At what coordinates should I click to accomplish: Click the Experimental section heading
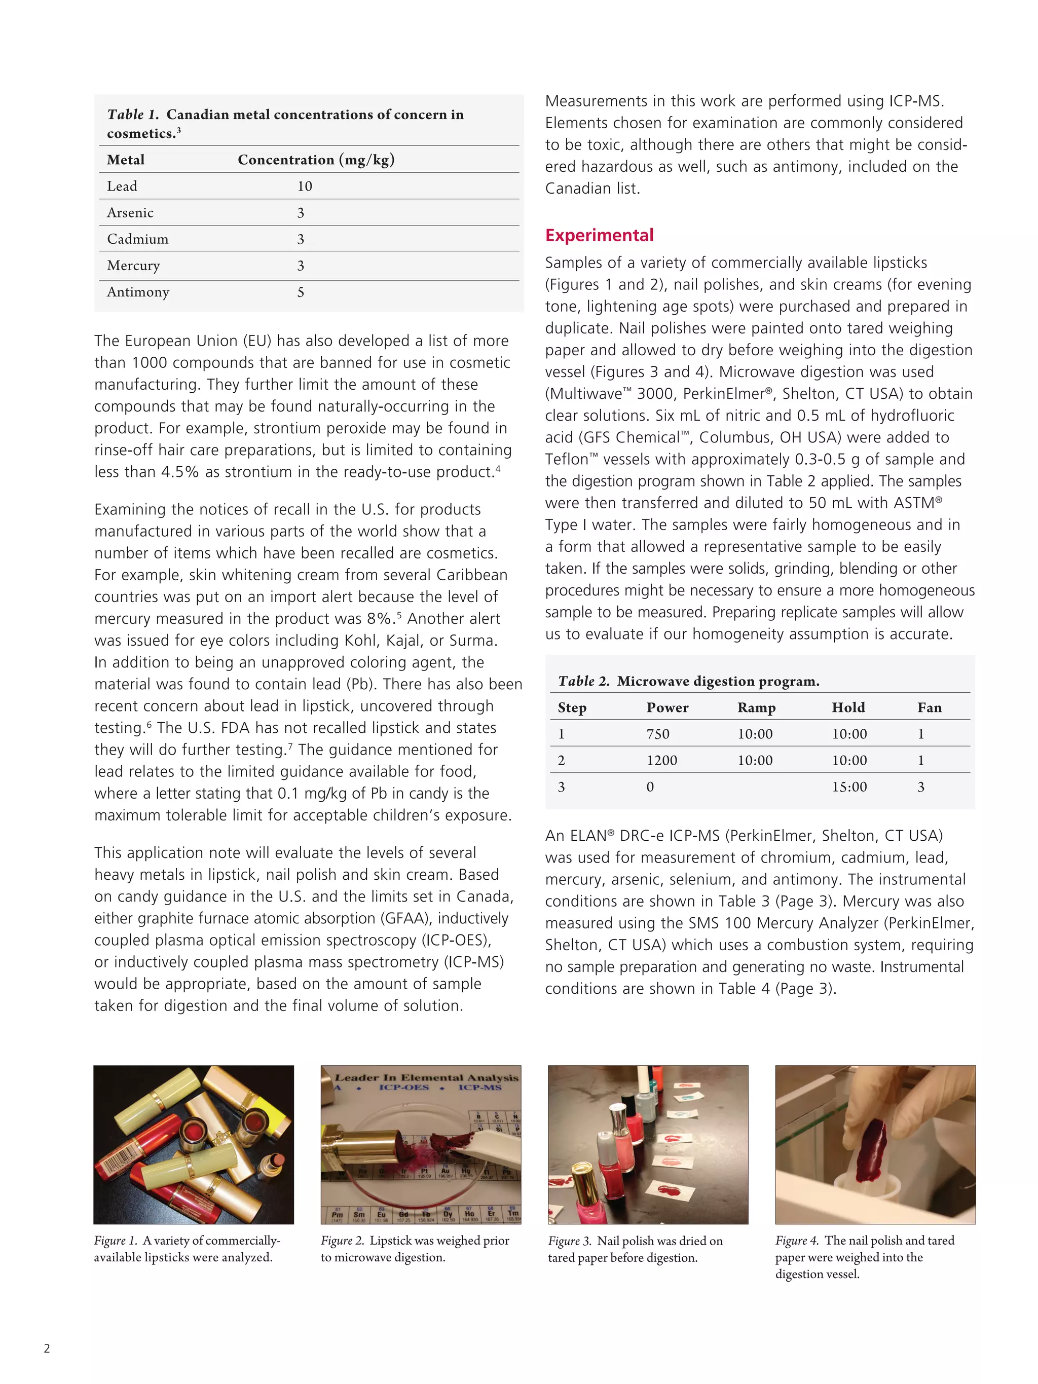[599, 235]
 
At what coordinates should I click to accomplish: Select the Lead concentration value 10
[304, 186]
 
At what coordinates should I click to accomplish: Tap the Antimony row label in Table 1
[138, 292]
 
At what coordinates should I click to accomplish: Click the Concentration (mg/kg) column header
[315, 160]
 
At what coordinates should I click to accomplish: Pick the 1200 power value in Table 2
[661, 760]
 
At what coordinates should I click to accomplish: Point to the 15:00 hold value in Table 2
[848, 787]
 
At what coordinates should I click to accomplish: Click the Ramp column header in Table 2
[756, 707]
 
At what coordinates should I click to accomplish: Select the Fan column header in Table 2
[929, 707]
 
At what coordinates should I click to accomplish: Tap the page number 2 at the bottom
[47, 1349]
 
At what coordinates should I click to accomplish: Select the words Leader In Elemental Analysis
[427, 1077]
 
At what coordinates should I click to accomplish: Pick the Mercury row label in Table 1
[133, 266]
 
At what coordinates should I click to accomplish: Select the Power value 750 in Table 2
[657, 734]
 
